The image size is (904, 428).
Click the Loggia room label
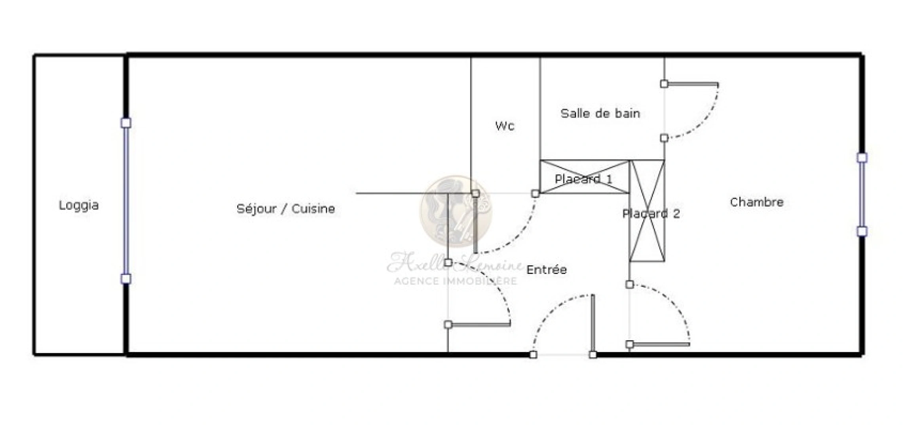tap(79, 205)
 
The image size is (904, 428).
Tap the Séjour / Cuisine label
tap(285, 209)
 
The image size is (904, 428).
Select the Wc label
tap(505, 126)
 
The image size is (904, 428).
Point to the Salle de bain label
tap(600, 114)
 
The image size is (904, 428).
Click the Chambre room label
tap(756, 203)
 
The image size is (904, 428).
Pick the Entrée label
tap(547, 270)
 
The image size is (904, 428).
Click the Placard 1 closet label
tap(583, 179)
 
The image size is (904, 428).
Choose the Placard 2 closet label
tap(651, 214)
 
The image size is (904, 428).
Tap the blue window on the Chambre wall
tap(862, 195)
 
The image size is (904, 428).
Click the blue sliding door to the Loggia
tap(126, 201)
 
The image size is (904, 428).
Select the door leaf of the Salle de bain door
tap(691, 84)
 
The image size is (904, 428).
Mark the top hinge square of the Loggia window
tap(126, 123)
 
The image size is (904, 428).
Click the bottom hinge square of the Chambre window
tap(862, 231)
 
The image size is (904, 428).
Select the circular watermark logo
tap(456, 211)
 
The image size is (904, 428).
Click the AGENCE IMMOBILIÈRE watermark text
tap(456, 281)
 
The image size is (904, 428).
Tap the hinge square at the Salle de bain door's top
tap(664, 84)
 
